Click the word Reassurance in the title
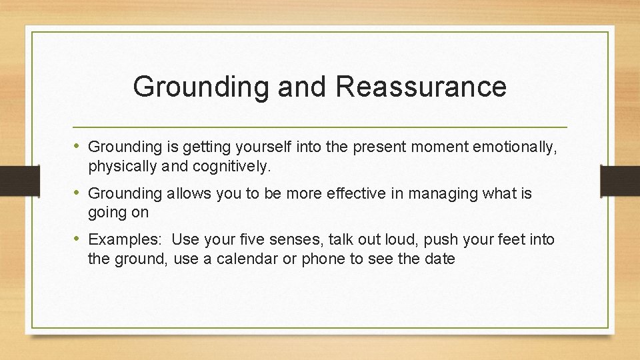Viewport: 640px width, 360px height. [422, 87]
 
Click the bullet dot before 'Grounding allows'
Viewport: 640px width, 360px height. [79, 193]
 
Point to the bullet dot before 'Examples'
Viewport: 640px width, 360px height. [79, 239]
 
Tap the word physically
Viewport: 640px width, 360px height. [121, 167]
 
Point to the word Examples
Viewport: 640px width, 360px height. [127, 239]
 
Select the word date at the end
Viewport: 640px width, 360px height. [439, 259]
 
